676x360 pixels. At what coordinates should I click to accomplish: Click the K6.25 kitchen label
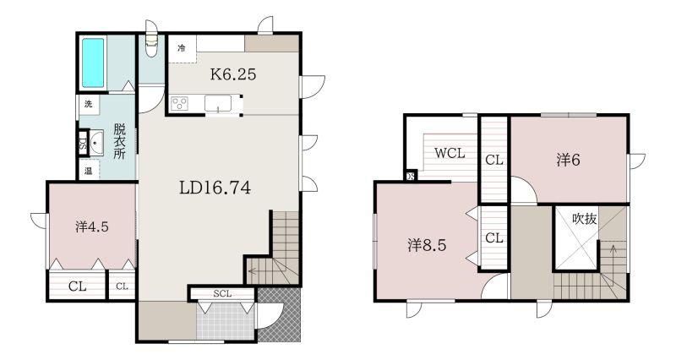click(233, 74)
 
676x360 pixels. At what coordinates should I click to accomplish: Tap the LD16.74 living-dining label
click(215, 188)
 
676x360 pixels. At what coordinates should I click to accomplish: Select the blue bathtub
click(93, 63)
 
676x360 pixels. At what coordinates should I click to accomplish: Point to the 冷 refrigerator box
click(182, 48)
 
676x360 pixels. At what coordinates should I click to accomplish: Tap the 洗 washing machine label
click(89, 104)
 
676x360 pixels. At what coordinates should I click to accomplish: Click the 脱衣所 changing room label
click(119, 141)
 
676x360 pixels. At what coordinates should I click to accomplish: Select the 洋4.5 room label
click(92, 226)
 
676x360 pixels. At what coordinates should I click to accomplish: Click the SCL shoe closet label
click(222, 294)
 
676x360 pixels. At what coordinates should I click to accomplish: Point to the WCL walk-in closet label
click(450, 153)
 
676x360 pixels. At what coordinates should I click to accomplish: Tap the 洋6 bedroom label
click(568, 160)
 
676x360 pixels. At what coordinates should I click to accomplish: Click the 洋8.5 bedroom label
click(427, 245)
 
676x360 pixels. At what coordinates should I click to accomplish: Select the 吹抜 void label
click(585, 219)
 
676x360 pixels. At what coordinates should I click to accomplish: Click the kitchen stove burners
click(180, 104)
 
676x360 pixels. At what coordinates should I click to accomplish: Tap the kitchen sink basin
click(218, 103)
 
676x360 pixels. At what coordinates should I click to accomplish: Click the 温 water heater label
click(89, 172)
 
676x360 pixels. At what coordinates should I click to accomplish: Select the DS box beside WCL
click(411, 176)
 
